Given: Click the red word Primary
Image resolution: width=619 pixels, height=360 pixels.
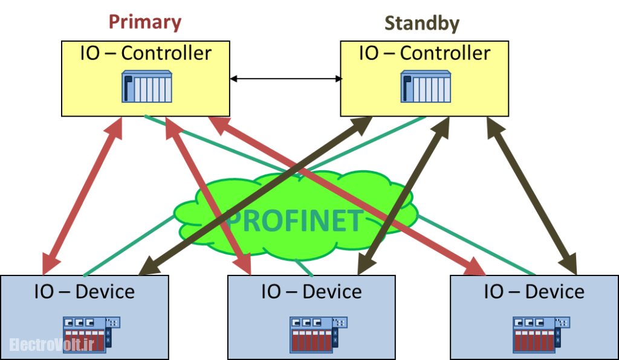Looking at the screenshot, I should point(145,22).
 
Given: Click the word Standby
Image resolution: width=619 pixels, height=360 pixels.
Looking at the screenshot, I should point(422,24).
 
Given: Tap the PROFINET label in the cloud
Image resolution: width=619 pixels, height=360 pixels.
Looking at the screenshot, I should point(294,222).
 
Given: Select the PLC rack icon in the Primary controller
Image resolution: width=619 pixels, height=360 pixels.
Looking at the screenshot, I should point(147,86).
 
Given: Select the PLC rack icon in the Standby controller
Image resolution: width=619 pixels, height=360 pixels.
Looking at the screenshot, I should point(426,86).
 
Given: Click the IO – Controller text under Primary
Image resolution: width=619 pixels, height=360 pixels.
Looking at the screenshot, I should point(146,53).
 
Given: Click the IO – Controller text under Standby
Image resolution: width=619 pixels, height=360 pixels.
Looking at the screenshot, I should point(424,53).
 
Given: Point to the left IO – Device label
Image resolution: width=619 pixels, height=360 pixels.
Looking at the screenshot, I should point(84,292).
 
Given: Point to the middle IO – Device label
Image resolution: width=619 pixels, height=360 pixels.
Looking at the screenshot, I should point(311,292).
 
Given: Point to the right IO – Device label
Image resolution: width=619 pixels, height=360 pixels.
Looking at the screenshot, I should point(534,292).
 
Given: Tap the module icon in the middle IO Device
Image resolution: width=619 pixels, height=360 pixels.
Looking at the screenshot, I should point(317,334).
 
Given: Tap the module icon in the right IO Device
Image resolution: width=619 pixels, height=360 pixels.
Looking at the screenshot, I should point(540,334).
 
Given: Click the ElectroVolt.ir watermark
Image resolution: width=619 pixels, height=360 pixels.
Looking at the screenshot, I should point(52,344).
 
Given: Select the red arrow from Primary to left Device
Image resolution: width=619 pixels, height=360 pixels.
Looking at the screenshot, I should point(83,194).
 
